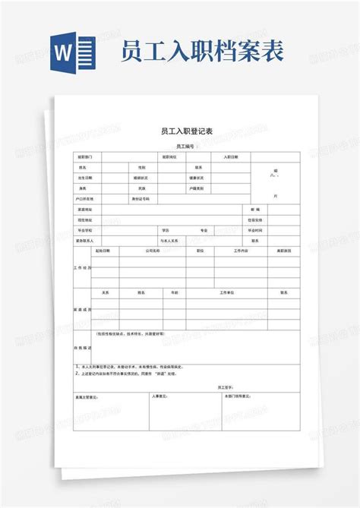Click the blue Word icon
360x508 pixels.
pos(74,52)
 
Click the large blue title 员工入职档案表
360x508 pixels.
pos(202,52)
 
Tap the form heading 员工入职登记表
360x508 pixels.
pos(182,131)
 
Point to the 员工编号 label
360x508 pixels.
pos(185,145)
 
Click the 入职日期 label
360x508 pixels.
pos(231,156)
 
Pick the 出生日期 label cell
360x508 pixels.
pos(84,178)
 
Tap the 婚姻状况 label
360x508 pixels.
pos(141,178)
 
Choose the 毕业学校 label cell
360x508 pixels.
pos(84,230)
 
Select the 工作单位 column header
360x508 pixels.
pos(227,292)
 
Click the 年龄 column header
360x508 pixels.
pos(175,292)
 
